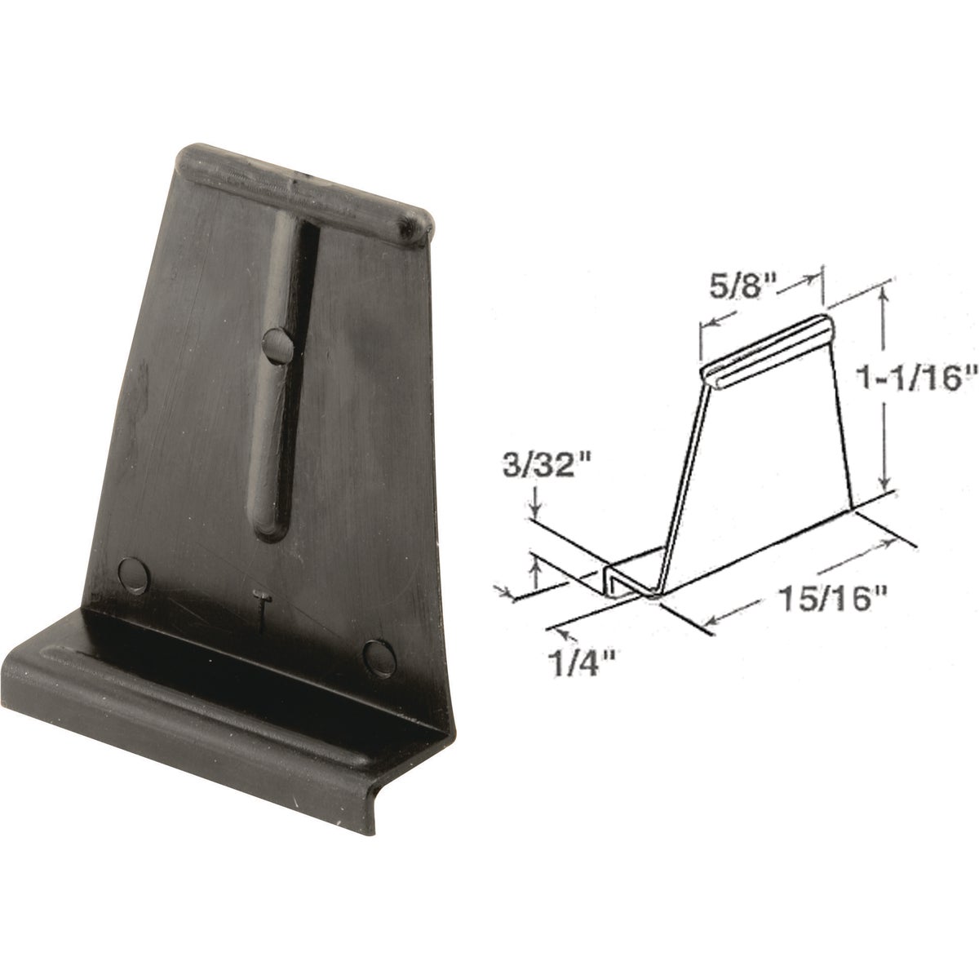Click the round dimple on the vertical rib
tap(278, 345)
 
